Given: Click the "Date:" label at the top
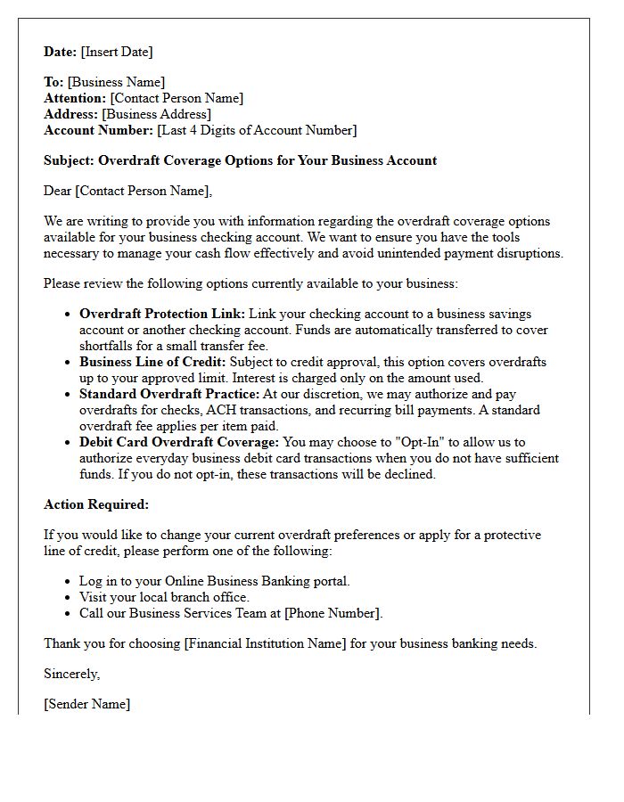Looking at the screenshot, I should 61,52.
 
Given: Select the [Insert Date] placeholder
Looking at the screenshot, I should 117,52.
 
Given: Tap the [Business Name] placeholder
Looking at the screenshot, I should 116,83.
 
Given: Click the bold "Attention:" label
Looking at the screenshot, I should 76,99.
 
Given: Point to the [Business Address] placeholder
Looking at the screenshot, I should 157,115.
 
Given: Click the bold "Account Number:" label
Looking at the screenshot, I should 99,131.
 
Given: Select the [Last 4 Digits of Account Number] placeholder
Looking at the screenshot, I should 257,131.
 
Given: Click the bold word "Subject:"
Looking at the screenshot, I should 70,161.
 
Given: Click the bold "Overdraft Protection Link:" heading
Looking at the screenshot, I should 162,315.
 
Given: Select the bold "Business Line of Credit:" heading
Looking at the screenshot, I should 153,363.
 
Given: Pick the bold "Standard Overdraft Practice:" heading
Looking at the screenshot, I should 169,395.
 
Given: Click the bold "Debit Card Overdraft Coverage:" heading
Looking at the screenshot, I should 179,443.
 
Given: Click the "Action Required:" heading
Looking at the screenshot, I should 96,504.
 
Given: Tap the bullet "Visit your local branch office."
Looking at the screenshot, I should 164,597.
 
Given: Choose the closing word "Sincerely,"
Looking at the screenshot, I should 72,674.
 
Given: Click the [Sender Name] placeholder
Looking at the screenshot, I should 87,704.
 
